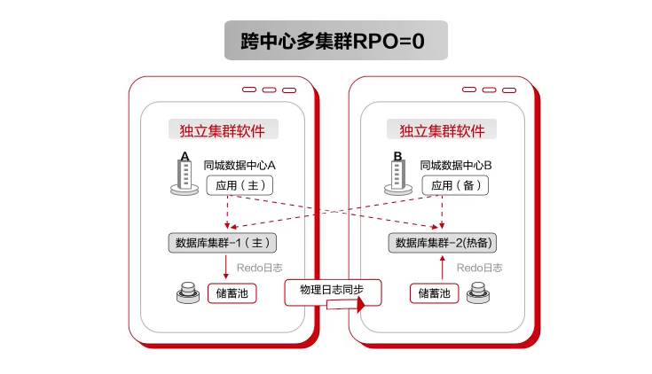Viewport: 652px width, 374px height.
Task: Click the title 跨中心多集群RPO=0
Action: [x=333, y=41]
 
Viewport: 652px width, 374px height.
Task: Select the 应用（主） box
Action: [x=240, y=185]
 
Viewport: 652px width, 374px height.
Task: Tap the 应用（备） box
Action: [x=455, y=185]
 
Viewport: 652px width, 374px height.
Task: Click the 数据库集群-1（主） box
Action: [x=223, y=243]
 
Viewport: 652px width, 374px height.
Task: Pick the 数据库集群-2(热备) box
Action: [x=443, y=243]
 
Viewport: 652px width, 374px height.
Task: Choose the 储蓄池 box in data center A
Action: [x=232, y=293]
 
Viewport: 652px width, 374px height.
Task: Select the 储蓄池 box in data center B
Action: [x=434, y=293]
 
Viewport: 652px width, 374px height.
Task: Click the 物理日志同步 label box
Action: [x=333, y=292]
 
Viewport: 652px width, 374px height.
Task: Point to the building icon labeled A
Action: [x=185, y=174]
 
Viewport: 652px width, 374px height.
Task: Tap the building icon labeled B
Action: [x=398, y=174]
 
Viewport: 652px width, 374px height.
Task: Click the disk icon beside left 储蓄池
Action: [x=188, y=292]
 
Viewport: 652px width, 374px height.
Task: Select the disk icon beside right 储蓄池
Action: [x=478, y=292]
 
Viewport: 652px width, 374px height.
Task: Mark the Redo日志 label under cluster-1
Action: [x=259, y=268]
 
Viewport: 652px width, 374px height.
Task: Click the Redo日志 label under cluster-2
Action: [x=479, y=268]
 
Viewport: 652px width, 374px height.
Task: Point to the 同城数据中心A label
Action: [x=240, y=166]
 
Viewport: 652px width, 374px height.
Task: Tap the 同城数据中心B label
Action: [x=456, y=166]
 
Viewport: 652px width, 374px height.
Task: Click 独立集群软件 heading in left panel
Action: [x=223, y=130]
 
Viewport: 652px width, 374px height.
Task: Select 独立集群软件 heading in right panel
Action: [x=442, y=130]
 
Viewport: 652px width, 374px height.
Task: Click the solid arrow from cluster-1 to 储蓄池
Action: [x=226, y=267]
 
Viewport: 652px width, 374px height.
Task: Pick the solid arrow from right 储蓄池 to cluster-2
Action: [x=443, y=267]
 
